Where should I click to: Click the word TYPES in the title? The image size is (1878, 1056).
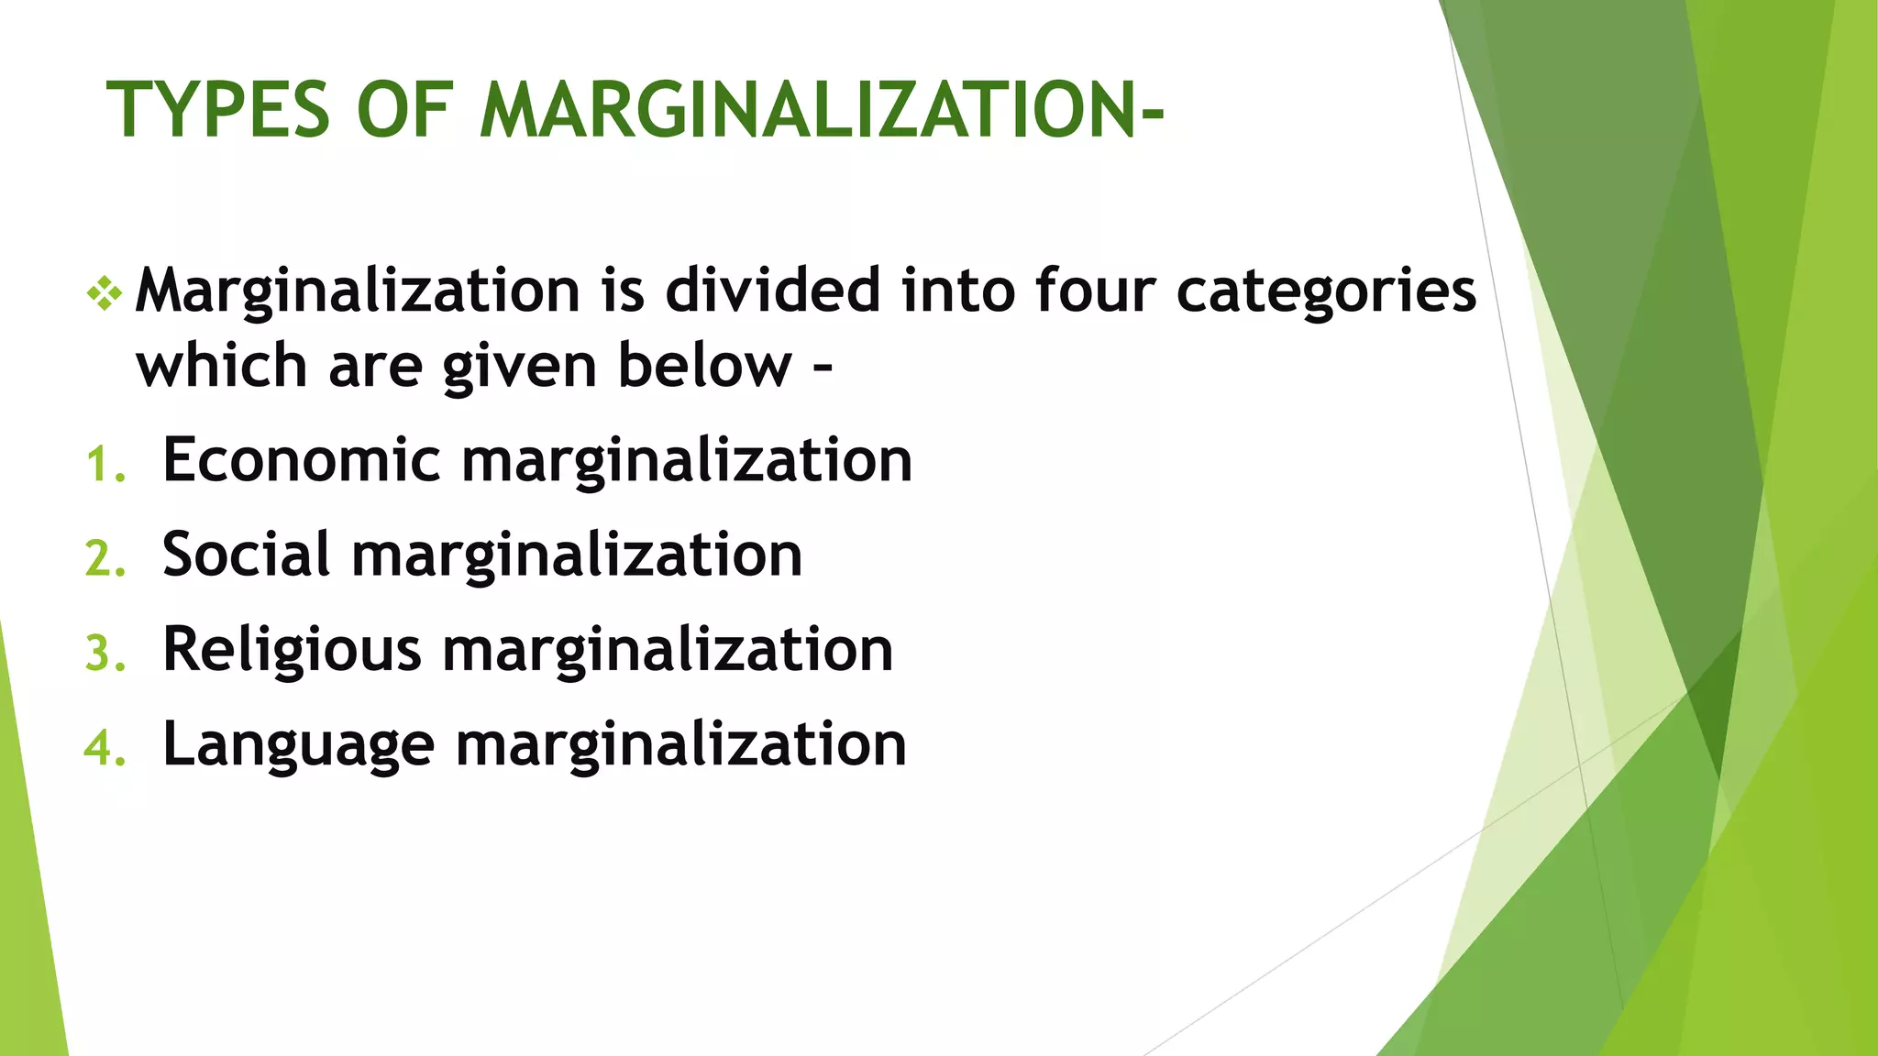218,110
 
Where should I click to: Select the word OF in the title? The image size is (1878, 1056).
404,110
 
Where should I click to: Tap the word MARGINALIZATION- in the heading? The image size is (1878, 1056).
822,110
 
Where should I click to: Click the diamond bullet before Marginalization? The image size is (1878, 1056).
105,292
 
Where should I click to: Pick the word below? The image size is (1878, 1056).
703,366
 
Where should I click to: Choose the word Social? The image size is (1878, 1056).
246,555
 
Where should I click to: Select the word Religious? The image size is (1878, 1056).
292,651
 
